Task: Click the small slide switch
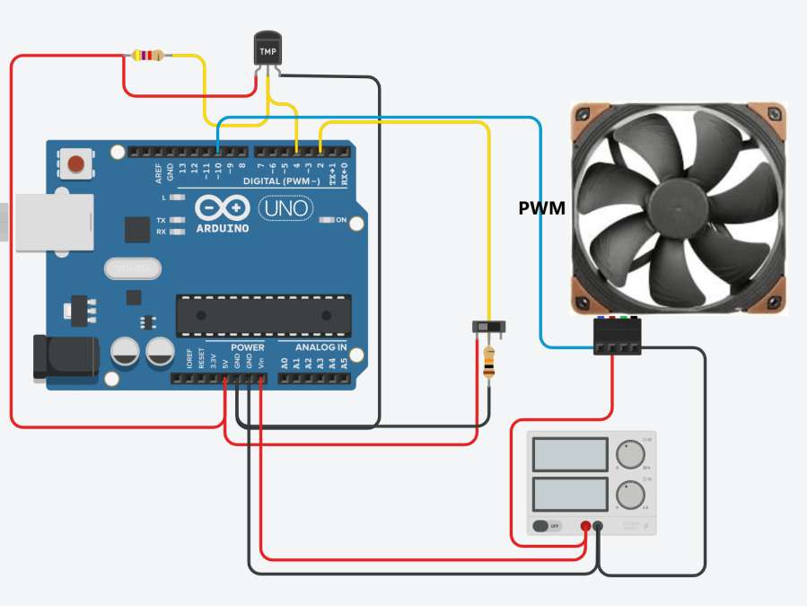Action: [486, 327]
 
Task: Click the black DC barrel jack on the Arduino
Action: [52, 358]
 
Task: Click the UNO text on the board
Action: [286, 209]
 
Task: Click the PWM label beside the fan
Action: [542, 208]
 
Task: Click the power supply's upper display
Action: [570, 455]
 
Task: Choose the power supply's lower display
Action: [570, 495]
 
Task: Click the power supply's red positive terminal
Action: [585, 526]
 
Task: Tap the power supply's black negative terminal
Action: [599, 526]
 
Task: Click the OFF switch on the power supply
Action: [546, 526]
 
